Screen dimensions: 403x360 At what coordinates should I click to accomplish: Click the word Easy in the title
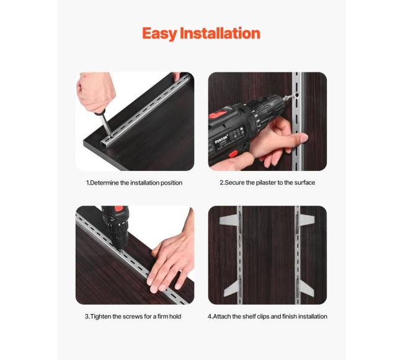coord(159,34)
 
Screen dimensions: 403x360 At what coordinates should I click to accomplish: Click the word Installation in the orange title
coord(220,33)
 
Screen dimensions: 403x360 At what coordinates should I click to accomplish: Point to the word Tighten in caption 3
coord(100,317)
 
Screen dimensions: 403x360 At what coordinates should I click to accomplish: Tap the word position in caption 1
coord(171,183)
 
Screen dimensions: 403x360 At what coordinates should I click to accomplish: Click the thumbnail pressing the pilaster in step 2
coord(304,138)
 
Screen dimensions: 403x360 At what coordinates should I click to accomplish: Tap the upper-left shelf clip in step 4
coord(229,219)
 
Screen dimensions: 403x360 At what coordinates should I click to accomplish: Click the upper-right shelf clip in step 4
coord(306,220)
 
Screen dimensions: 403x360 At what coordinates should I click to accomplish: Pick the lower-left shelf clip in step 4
coord(232,288)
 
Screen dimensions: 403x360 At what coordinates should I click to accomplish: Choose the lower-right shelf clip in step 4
coord(306,288)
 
